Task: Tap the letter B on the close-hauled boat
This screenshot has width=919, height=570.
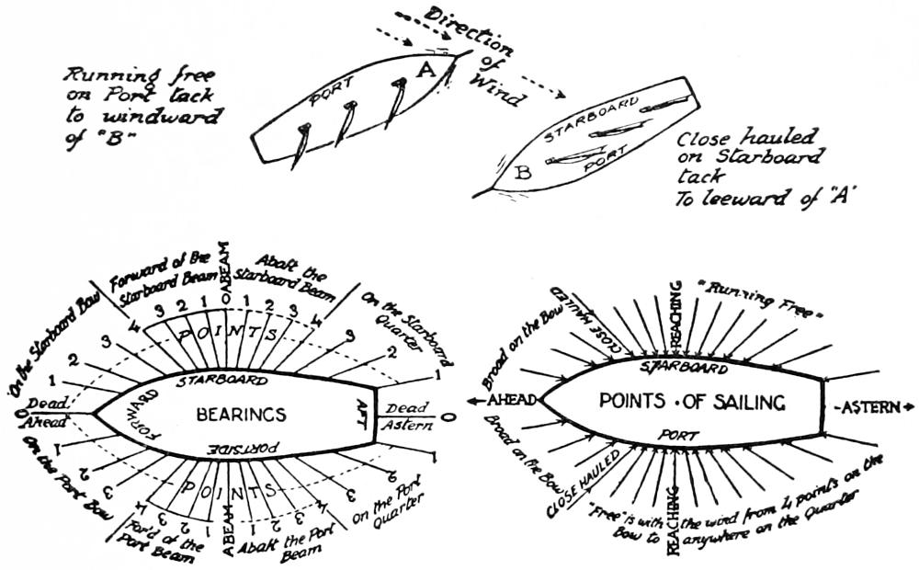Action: coord(525,171)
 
